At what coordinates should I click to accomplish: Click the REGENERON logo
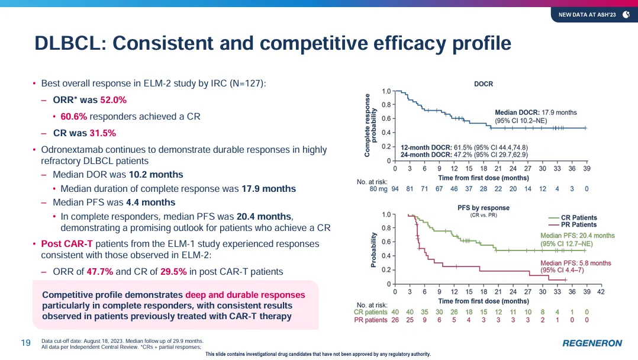tap(592, 343)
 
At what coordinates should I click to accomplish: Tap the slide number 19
tap(26, 342)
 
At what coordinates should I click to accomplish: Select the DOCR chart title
tap(484, 84)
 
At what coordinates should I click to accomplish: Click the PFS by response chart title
tap(484, 208)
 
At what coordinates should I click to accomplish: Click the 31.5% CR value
tap(102, 133)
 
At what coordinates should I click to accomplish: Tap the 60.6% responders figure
tap(74, 117)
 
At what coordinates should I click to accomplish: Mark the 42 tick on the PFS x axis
tap(601, 292)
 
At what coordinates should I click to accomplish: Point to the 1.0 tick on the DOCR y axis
tap(386, 91)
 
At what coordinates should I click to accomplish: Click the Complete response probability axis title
tap(370, 125)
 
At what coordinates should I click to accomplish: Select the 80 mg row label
tap(379, 189)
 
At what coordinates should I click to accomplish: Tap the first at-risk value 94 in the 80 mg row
tap(395, 189)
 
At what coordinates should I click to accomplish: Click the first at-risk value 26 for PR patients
tap(395, 320)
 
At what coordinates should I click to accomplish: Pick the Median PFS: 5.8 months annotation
tap(576, 263)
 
